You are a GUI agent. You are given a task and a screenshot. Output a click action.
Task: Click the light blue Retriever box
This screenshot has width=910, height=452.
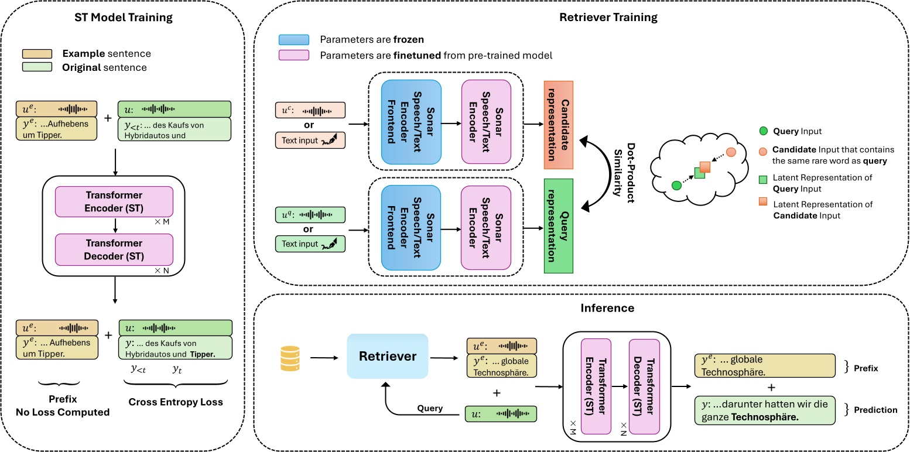[x=387, y=355]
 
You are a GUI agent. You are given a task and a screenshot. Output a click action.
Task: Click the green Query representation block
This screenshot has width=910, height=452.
[x=558, y=226]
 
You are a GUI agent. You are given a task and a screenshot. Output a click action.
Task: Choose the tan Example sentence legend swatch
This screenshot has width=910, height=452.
[x=37, y=54]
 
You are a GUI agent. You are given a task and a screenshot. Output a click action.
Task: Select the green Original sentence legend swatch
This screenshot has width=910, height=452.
[x=37, y=67]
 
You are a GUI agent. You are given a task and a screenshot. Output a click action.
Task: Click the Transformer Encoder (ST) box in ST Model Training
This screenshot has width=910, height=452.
[x=115, y=200]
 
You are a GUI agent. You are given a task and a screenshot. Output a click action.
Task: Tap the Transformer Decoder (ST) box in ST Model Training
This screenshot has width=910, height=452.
[x=115, y=249]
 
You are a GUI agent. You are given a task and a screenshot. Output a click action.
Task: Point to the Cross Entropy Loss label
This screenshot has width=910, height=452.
[x=176, y=402]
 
